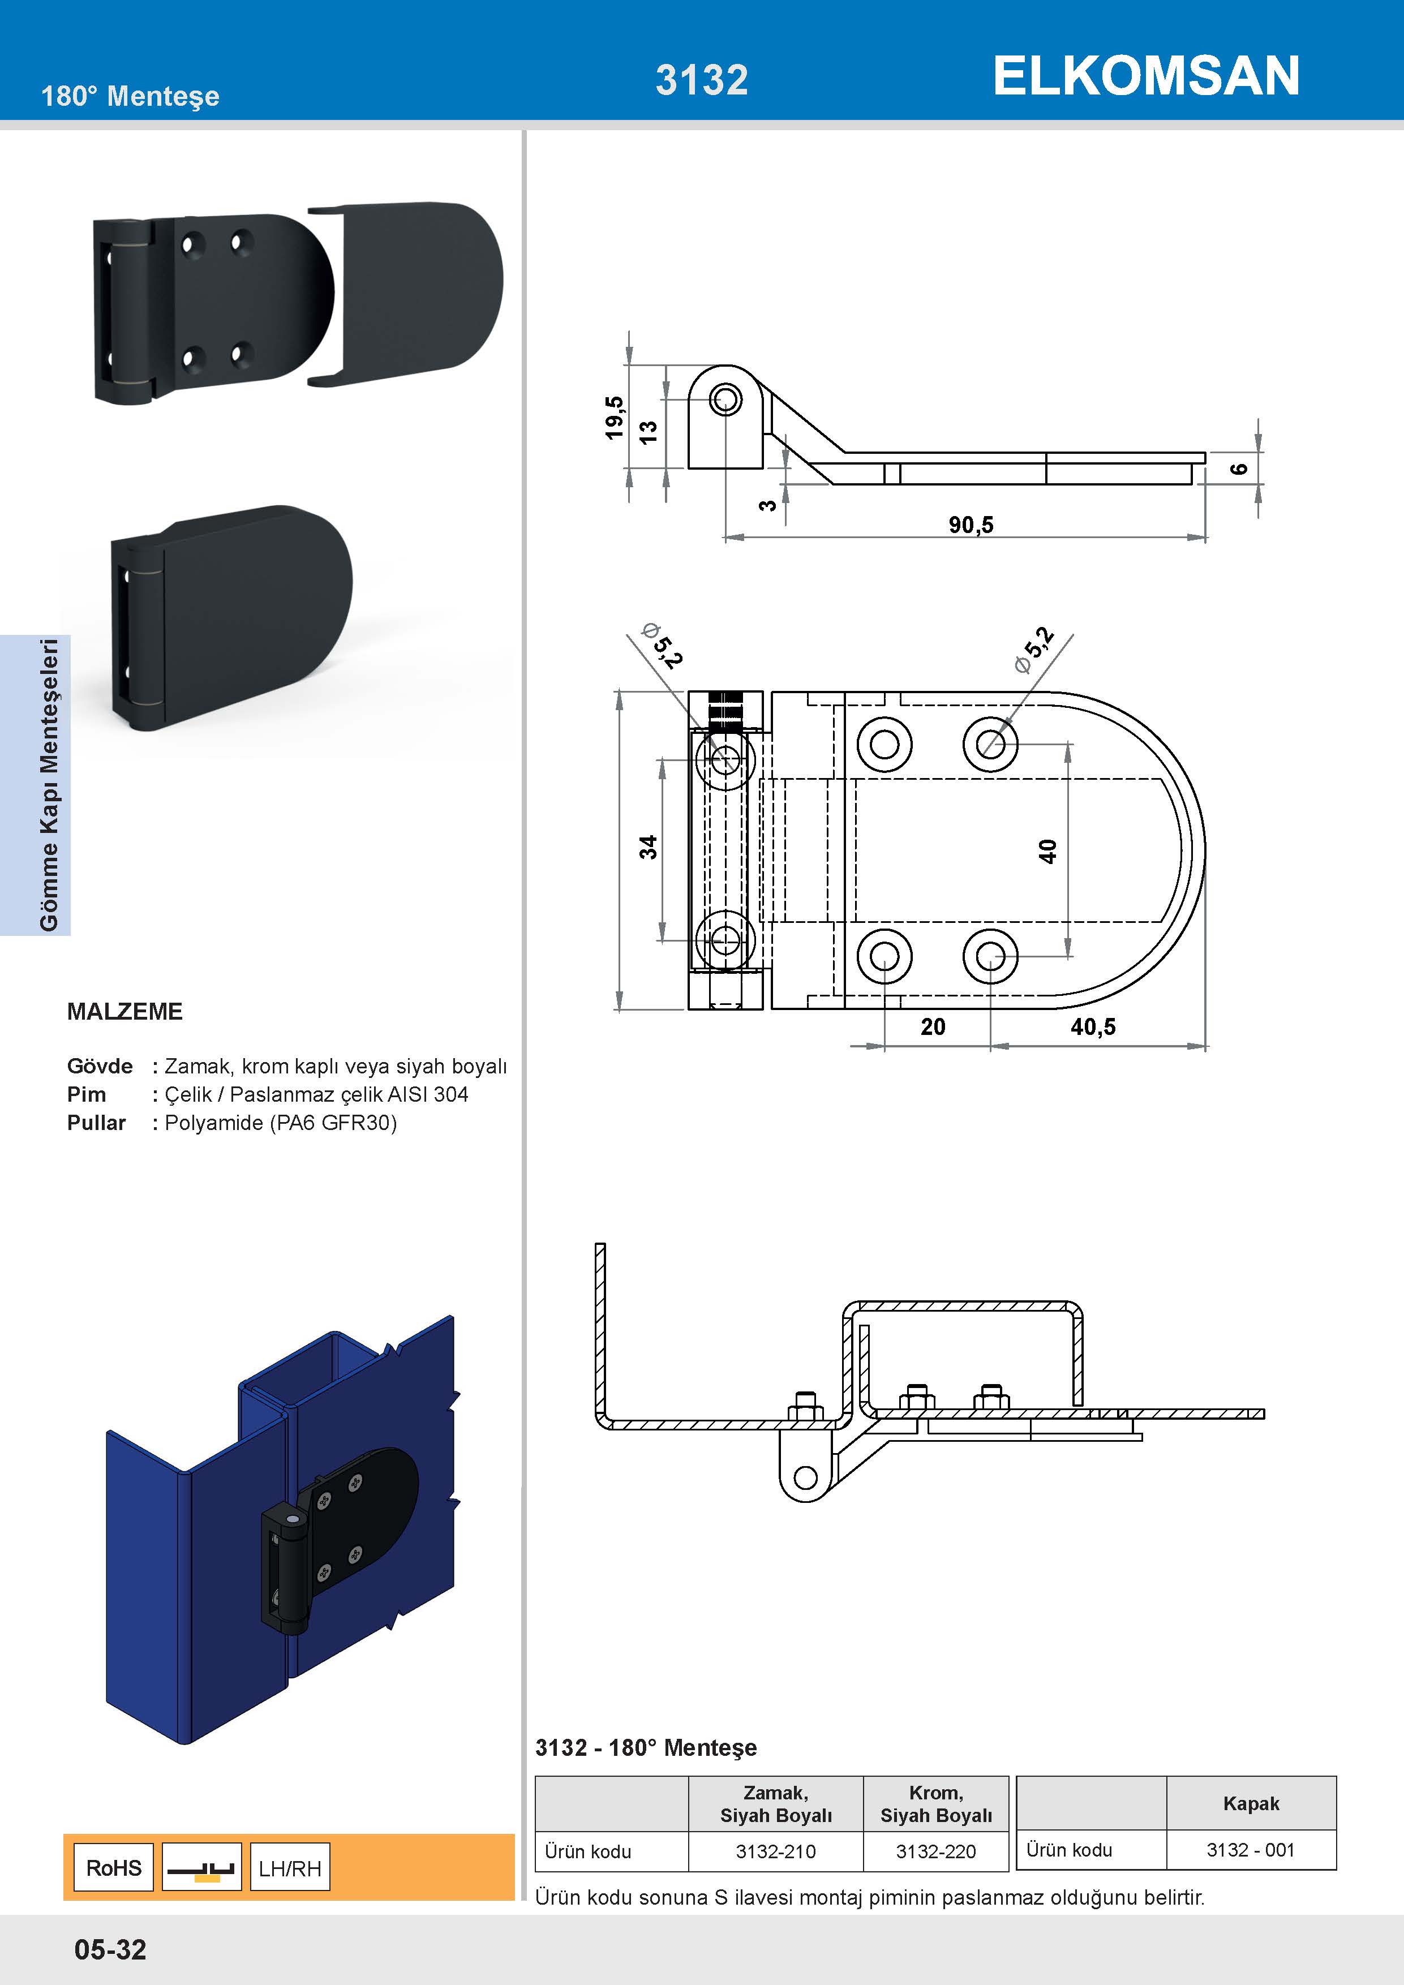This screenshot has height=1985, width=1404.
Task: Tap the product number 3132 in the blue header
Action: tap(701, 80)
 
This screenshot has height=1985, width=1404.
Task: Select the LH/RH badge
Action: tap(290, 1868)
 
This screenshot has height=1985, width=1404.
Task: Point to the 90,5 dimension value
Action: tap(971, 525)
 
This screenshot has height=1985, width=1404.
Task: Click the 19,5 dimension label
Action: tap(615, 418)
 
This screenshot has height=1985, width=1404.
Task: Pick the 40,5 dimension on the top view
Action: tap(1093, 1026)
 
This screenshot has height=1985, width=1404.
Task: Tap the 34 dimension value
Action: tap(647, 847)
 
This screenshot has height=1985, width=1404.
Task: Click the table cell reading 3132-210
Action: tap(775, 1851)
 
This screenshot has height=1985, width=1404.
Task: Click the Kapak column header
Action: tap(1250, 1803)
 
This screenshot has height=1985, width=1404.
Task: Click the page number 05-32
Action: tap(111, 1949)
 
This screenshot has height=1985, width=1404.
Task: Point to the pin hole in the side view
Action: tap(725, 399)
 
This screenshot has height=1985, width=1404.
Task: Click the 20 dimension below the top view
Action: tap(933, 1026)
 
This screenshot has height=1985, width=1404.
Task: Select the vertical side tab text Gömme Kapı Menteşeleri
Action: tap(49, 785)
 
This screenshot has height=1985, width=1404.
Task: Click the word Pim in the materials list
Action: tap(87, 1094)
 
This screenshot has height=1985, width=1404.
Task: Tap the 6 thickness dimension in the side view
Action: tap(1239, 468)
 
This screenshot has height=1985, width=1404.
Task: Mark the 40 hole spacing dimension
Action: tap(1047, 850)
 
